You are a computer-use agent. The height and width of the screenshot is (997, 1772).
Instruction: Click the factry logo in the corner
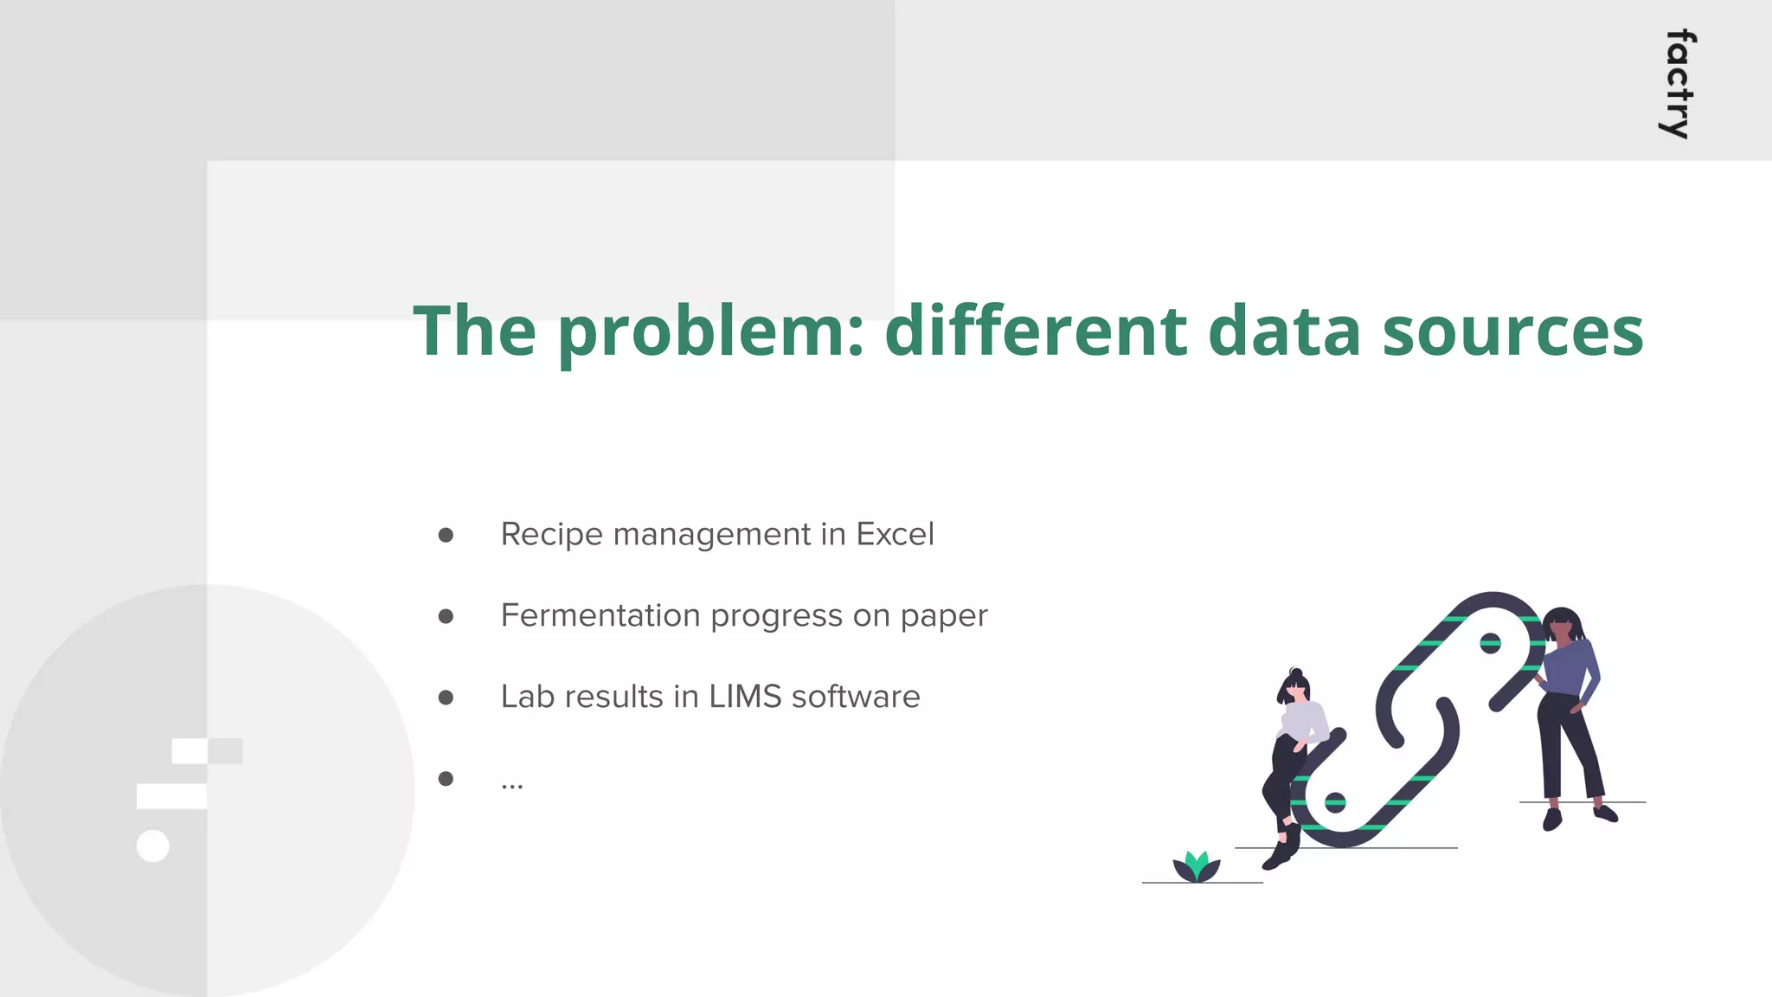point(1679,84)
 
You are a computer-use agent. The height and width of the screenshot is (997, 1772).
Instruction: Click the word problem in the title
point(710,332)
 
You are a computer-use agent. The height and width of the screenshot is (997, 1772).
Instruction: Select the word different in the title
point(1035,331)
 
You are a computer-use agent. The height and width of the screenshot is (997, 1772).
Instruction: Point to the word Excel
point(895,534)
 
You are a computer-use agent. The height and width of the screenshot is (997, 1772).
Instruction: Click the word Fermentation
point(600,615)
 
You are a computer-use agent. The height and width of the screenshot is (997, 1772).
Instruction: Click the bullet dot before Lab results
point(446,698)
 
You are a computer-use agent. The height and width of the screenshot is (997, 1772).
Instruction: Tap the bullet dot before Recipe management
point(446,535)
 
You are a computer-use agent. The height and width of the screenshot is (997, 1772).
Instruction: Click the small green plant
point(1196,866)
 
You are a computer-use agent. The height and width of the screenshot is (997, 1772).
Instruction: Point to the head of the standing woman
point(1562,625)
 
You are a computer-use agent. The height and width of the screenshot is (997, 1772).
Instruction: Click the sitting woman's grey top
point(1302,720)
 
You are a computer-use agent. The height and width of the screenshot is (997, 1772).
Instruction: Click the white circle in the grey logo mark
point(153,846)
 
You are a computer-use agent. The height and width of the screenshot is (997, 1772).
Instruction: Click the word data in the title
point(1284,331)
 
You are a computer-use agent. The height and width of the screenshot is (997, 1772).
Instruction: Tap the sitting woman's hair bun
point(1295,672)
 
